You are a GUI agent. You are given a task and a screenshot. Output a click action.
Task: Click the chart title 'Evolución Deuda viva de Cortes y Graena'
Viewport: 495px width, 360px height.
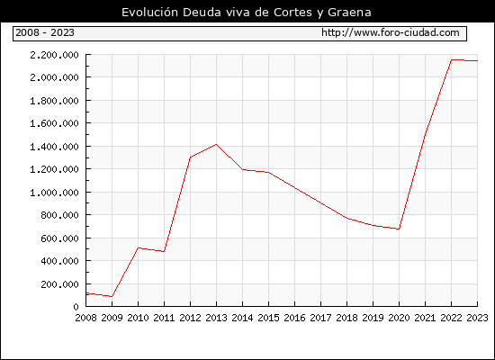click(247, 13)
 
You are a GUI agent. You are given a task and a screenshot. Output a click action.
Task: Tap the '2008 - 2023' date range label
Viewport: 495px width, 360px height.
click(45, 32)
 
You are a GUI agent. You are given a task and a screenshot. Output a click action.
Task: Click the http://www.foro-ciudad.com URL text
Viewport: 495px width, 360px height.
click(391, 32)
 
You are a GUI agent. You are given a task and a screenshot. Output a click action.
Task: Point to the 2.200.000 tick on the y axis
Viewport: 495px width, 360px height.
click(54, 55)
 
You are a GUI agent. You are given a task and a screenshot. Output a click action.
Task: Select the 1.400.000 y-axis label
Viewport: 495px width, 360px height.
click(54, 147)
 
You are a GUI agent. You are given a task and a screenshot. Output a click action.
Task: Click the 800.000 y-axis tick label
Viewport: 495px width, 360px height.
click(59, 215)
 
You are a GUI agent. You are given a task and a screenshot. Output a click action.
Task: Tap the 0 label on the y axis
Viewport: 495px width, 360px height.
click(76, 307)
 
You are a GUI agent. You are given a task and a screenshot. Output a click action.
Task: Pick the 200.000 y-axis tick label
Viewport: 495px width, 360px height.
click(59, 284)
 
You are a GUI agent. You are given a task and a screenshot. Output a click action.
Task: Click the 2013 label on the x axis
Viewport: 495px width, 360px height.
click(216, 318)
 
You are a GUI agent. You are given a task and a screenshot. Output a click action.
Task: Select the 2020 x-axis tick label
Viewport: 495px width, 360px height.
click(399, 318)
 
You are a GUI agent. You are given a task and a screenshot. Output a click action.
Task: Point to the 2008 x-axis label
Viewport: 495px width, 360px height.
click(85, 318)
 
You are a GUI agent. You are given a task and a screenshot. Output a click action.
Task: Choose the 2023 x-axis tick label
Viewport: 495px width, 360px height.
click(477, 318)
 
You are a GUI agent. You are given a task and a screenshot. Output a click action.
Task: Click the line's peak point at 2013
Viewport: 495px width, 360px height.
click(216, 144)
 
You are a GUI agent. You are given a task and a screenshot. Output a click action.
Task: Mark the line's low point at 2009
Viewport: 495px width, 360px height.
click(112, 296)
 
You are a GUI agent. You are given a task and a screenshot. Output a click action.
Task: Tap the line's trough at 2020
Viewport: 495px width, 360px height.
click(399, 229)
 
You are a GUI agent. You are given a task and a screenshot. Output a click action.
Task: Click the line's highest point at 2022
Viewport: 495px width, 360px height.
click(452, 59)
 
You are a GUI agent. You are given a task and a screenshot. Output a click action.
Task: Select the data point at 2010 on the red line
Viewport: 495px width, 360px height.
click(138, 247)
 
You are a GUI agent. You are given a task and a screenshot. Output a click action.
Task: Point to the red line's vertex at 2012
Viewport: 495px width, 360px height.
click(191, 157)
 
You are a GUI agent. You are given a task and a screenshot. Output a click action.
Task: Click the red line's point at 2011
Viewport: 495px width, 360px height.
click(164, 251)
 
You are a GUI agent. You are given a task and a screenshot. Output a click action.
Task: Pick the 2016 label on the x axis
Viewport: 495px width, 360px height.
click(294, 318)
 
